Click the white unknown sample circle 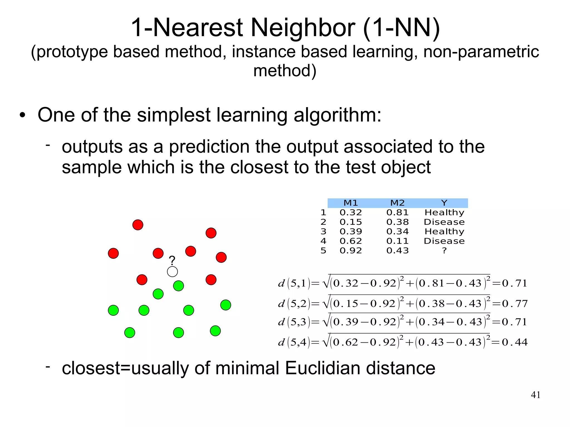[x=172, y=271]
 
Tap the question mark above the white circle [x=172, y=261]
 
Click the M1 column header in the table [x=351, y=203]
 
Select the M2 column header [x=397, y=203]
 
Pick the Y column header [x=444, y=203]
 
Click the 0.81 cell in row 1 [x=397, y=213]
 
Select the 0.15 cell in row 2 [x=351, y=222]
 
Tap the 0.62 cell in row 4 [x=351, y=241]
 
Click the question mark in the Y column [x=444, y=251]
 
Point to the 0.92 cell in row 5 [x=351, y=251]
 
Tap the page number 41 [x=535, y=395]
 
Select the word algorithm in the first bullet [x=337, y=115]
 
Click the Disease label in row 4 [x=444, y=241]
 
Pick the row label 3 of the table [x=323, y=231]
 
